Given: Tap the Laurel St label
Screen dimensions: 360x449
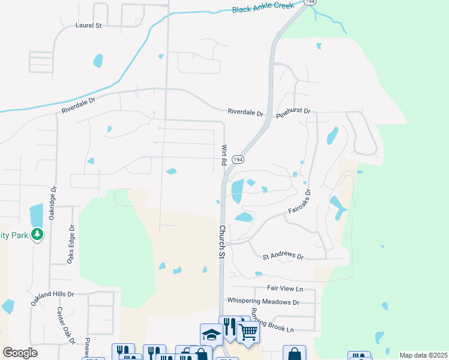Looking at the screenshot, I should [89, 26].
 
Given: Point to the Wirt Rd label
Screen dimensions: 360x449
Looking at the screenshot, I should [224, 155].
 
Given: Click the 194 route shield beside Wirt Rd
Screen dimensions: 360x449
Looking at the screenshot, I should [238, 160].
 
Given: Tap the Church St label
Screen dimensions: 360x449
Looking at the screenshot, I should [221, 242].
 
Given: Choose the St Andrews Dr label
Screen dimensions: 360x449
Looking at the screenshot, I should [283, 256].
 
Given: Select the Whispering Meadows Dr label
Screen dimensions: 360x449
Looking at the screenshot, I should [263, 302].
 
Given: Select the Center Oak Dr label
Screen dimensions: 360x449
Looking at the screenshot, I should [65, 326].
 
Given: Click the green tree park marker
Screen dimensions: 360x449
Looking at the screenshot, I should [37, 234].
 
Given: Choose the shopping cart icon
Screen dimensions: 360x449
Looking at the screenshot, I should [248, 331].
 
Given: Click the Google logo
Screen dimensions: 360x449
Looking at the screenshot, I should [20, 353].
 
